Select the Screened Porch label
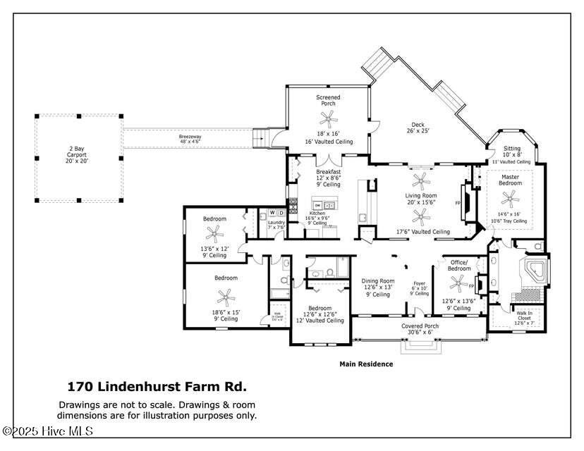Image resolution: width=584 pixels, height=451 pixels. [328, 100]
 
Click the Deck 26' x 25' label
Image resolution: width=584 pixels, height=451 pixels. [418, 127]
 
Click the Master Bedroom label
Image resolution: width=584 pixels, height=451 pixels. [511, 179]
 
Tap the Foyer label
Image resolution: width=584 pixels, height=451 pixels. [420, 286]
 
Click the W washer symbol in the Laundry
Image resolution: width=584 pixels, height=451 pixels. [272, 213]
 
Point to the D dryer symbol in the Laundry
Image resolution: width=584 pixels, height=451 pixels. [281, 213]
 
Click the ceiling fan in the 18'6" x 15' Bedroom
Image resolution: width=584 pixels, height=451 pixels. [226, 297]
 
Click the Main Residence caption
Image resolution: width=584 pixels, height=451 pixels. [366, 364]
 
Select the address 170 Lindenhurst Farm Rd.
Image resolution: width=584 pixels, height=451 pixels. [157, 386]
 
